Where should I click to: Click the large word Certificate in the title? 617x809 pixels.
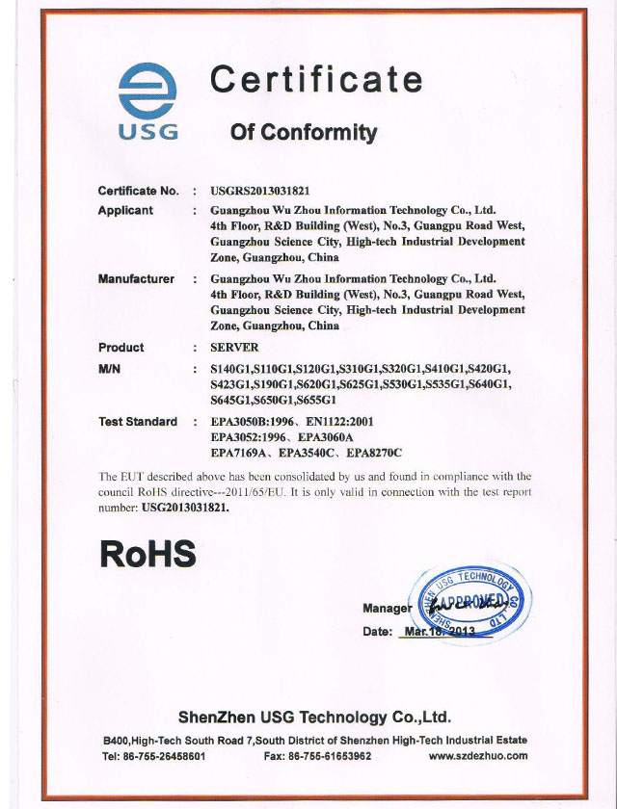315,80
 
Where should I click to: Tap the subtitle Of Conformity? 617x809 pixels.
303,132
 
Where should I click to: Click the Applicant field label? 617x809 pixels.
125,210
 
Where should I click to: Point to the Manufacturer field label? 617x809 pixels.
136,279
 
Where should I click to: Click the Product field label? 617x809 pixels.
121,348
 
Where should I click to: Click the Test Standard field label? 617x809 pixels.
138,422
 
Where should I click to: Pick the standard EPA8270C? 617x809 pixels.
373,453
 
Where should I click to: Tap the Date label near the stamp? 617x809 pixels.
377,632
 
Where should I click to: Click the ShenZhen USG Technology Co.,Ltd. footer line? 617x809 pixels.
314,718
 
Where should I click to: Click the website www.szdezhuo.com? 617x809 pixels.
478,756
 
